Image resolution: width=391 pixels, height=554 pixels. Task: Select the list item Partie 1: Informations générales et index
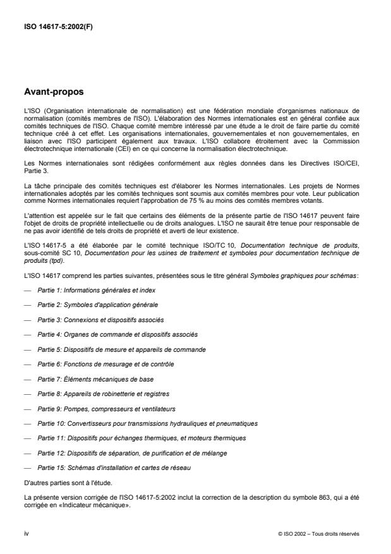pyautogui.click(x=96, y=290)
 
